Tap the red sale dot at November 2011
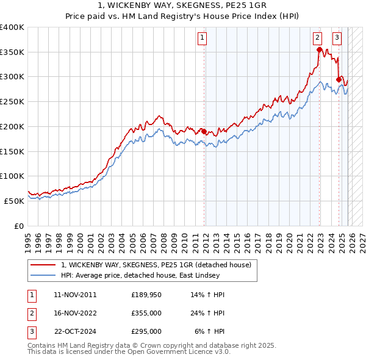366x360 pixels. tap(204, 131)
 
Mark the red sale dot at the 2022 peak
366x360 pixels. tap(319, 49)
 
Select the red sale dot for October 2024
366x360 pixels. tap(339, 79)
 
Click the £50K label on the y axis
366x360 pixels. tap(14, 201)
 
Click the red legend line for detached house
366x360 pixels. tap(43, 265)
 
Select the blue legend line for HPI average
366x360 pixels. tap(43, 276)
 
